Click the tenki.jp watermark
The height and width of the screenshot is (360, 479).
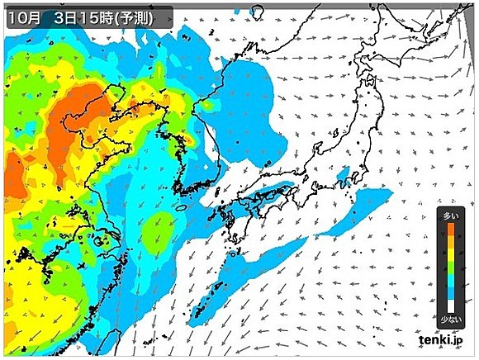(444, 339)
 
